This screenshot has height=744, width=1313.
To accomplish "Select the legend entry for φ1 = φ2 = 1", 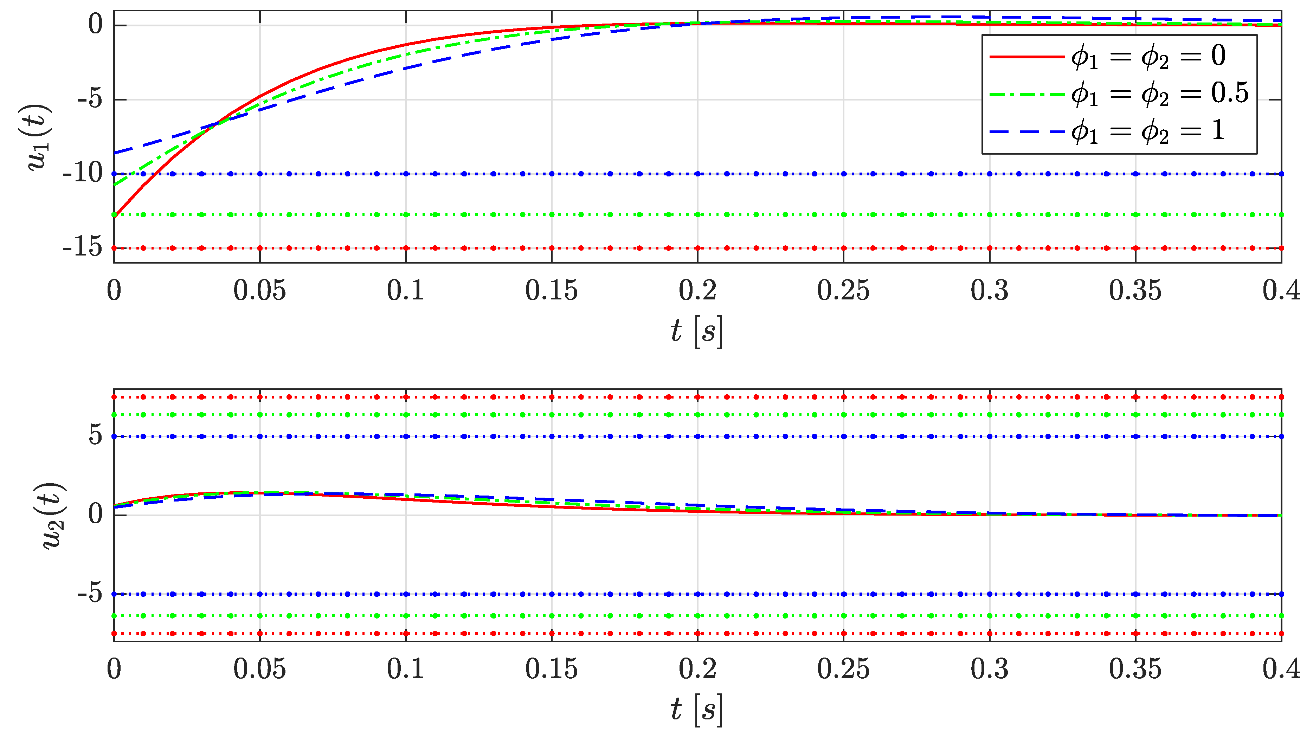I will (1119, 132).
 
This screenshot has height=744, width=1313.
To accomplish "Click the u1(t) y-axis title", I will (40, 137).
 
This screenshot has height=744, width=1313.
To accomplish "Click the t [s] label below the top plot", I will (697, 331).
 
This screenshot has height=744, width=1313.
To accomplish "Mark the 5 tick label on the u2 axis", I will (96, 436).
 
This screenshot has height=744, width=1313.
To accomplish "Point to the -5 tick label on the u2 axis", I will (90, 594).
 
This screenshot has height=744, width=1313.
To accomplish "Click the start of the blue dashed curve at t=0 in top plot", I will (115, 153).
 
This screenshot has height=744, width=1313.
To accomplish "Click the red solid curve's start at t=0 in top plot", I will (115, 216).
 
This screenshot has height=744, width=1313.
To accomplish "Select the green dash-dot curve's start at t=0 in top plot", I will (115, 186).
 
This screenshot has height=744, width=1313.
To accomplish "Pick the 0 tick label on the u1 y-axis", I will (96, 25).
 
